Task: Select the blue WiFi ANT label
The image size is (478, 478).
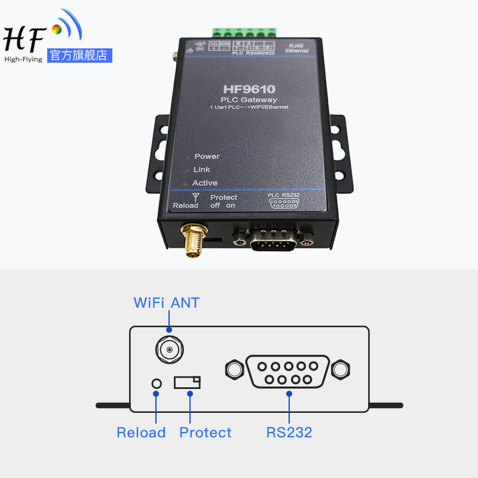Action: tap(167, 302)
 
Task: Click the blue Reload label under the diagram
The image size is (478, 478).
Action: tap(141, 433)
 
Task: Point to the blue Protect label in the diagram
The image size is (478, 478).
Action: tap(206, 433)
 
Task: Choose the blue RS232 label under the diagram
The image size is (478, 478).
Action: tap(289, 433)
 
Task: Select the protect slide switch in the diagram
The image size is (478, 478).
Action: tap(187, 382)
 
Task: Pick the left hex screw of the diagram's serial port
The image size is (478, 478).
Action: tap(235, 369)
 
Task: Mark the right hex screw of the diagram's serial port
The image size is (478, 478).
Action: tap(341, 369)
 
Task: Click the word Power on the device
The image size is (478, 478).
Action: tap(207, 157)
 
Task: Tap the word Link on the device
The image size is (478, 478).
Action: tap(202, 170)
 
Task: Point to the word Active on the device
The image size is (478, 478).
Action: tap(204, 183)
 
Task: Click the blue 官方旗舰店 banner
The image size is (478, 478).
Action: tap(79, 56)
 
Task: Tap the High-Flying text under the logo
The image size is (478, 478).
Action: tap(23, 59)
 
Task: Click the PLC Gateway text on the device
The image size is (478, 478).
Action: tap(249, 99)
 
